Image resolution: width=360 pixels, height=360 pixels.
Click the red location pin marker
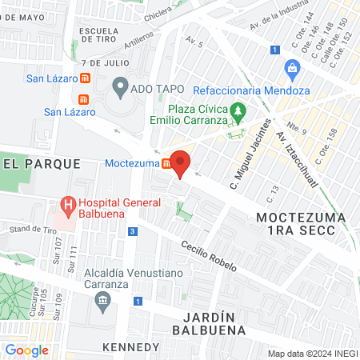click(x=181, y=162)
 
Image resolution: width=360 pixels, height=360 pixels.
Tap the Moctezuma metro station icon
click(x=166, y=164)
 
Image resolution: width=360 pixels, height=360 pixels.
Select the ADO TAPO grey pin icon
click(x=120, y=85)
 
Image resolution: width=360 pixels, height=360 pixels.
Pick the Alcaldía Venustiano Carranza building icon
click(x=102, y=301)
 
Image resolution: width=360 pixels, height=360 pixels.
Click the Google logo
click(x=26, y=350)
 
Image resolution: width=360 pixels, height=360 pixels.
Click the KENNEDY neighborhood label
click(x=131, y=347)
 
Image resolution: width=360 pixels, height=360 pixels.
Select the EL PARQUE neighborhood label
click(x=42, y=163)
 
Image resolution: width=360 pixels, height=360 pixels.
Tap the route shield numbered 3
click(x=132, y=231)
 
